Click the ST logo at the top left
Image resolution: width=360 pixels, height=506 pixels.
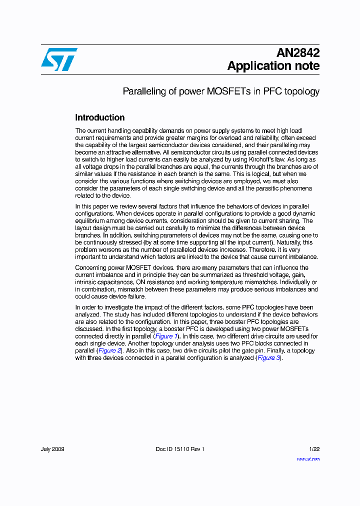tap(59, 59)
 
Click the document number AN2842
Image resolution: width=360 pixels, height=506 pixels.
tap(298, 53)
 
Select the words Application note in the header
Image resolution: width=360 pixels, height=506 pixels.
tap(273, 65)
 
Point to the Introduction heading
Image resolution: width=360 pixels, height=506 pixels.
tap(100, 117)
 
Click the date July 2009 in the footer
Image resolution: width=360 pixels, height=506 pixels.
tap(52, 449)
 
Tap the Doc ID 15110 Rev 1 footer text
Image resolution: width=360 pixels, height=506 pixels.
tap(180, 449)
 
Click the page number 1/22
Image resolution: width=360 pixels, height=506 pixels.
tap(313, 449)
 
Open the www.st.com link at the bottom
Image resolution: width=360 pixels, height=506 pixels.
tap(308, 458)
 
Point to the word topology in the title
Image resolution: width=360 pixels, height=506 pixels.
tap(301, 91)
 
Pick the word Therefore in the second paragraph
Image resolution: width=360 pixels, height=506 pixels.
tap(262, 249)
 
